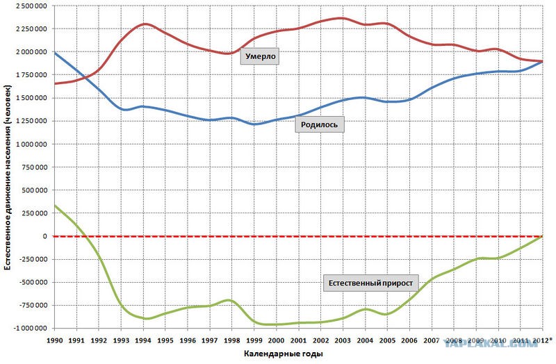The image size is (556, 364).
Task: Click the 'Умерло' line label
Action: pos(259,57)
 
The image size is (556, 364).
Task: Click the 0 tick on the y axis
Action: pos(47,236)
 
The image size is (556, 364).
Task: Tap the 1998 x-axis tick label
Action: pos(232,340)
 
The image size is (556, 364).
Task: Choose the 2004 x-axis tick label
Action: pos(365,340)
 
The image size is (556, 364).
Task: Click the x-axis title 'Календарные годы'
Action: pos(283,354)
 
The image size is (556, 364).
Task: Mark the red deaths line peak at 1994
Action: pos(144,24)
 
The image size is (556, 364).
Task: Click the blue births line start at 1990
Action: pos(55,53)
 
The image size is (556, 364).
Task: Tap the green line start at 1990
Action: pos(55,206)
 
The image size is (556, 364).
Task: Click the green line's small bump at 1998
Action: pos(229,299)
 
